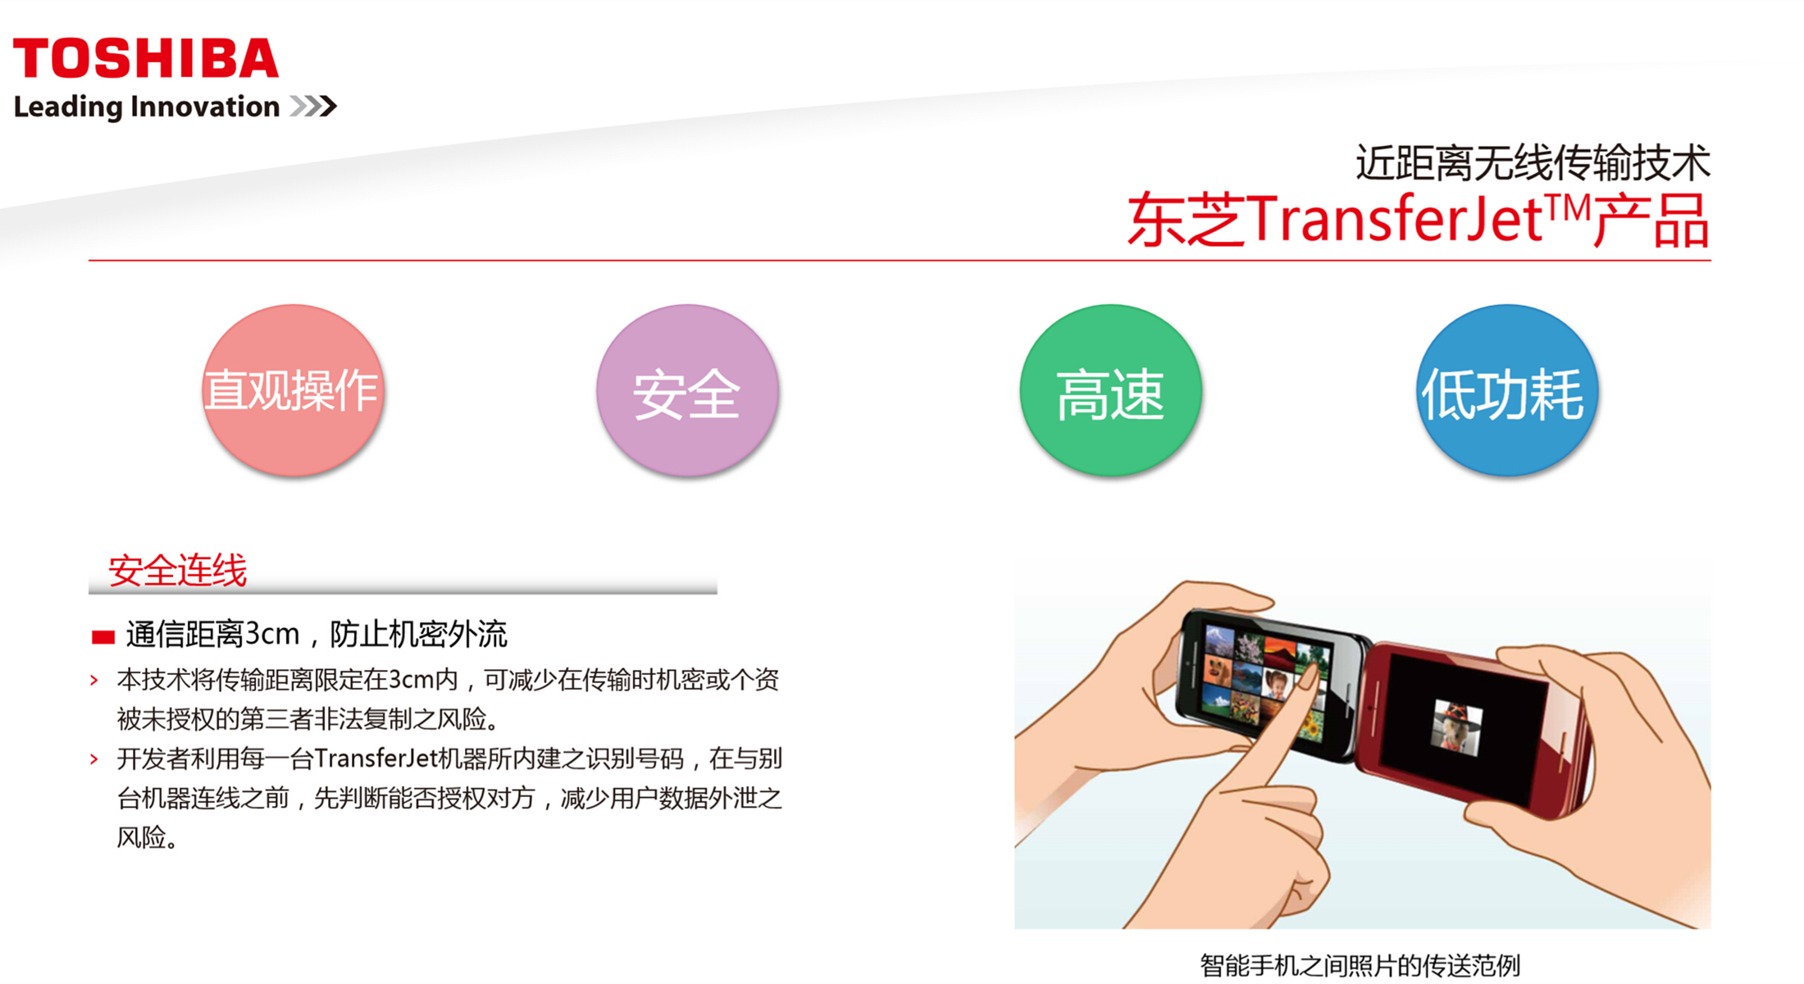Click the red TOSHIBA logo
(146, 58)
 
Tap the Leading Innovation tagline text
(147, 107)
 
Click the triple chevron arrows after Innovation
(313, 106)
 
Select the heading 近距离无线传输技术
(1533, 162)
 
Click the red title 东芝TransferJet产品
(1419, 219)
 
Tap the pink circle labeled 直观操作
(293, 390)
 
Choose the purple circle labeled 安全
(687, 390)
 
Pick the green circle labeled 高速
(1110, 390)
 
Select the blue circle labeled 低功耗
(1507, 390)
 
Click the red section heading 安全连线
(177, 570)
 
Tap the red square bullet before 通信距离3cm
(103, 637)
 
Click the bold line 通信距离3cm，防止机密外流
(317, 634)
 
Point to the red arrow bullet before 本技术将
(94, 680)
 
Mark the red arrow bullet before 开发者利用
(94, 759)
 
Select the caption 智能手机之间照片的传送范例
(1360, 965)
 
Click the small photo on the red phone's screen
(1456, 727)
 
